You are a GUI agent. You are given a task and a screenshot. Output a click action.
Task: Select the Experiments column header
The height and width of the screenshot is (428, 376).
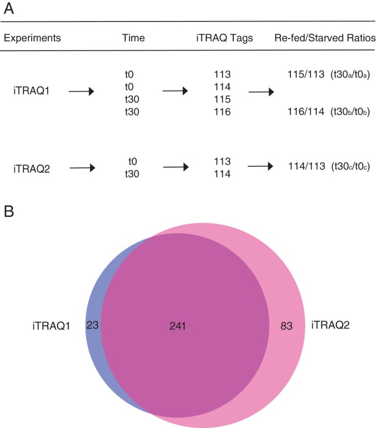32,39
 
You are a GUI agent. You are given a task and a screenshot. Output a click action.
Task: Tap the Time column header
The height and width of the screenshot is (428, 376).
134,39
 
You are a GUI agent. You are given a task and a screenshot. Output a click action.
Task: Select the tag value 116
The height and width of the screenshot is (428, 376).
222,112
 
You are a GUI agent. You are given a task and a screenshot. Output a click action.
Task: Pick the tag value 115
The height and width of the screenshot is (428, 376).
222,99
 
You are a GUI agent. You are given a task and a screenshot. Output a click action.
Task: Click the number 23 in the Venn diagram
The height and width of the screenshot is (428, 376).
92,325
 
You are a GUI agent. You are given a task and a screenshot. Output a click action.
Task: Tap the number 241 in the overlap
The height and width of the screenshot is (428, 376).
178,326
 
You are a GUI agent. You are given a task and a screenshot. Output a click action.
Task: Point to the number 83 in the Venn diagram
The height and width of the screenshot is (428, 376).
285,326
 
